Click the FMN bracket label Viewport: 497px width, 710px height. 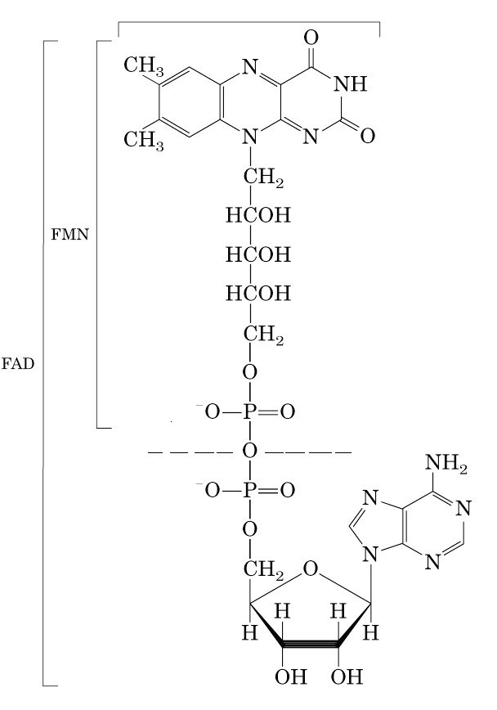click(69, 234)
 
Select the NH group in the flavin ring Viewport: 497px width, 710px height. click(351, 83)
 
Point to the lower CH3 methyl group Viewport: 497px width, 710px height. click(143, 139)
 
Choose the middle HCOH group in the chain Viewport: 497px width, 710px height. click(258, 254)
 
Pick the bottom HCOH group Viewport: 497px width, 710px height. click(258, 292)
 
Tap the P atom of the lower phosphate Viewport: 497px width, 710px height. click(250, 491)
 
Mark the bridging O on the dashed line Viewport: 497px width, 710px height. click(250, 452)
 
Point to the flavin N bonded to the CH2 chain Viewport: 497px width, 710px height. click(251, 137)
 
